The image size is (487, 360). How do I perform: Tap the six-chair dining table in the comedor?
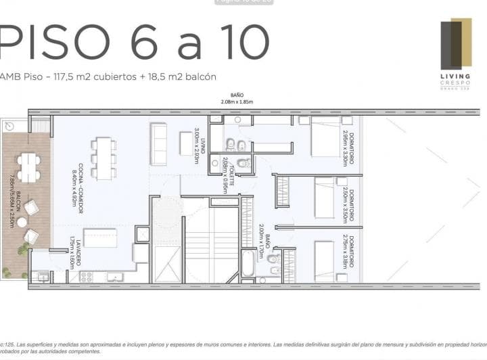point(103,158)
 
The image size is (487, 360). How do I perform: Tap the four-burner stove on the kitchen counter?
point(87,276)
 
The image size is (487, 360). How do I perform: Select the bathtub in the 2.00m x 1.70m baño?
point(249,263)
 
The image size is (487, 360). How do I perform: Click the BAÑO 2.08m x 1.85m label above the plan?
point(237,99)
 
